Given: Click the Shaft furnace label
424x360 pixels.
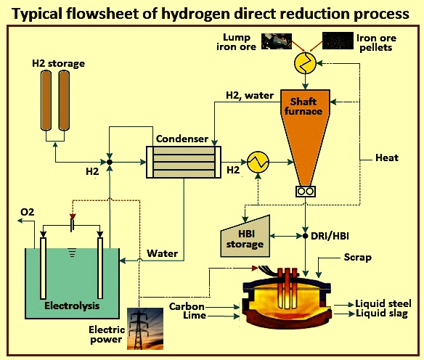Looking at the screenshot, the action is click(x=303, y=106).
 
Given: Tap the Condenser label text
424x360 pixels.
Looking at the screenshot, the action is click(x=182, y=139).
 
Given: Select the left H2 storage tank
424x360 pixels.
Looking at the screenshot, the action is click(x=46, y=100).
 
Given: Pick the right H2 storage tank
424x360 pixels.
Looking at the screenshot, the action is click(x=64, y=100).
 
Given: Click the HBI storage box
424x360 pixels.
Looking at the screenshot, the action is click(x=245, y=236).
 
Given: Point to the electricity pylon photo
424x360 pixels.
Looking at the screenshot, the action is click(x=145, y=329).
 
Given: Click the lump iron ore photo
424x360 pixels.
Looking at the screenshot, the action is click(x=277, y=41).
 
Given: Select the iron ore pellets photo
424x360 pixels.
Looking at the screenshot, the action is click(x=338, y=41).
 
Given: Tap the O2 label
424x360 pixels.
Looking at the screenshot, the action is click(x=28, y=212).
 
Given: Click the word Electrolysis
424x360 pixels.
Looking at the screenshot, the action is click(x=72, y=306).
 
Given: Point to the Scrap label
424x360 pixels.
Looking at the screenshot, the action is click(x=357, y=257).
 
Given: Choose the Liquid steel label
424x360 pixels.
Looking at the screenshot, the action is click(x=383, y=303).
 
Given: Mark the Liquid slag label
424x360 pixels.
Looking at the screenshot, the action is click(x=382, y=314).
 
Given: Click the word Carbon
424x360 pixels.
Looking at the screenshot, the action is click(x=187, y=306).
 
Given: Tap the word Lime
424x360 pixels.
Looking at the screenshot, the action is click(x=195, y=316).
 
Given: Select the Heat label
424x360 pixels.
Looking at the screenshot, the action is click(x=387, y=157).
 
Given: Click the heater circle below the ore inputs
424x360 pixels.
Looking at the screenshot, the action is click(x=305, y=63).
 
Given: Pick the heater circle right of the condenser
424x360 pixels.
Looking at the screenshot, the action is click(x=258, y=162).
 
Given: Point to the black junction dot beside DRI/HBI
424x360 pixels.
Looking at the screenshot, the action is click(x=305, y=236).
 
